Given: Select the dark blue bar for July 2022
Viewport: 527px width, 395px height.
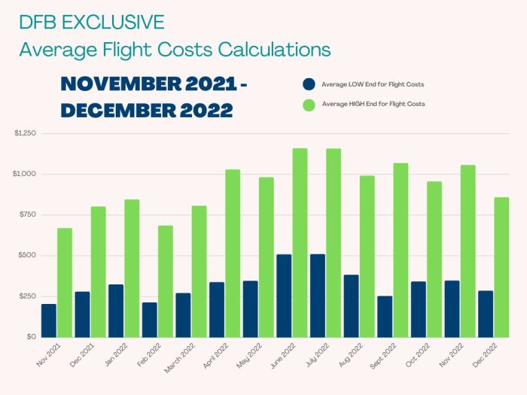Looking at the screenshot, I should (x=318, y=296).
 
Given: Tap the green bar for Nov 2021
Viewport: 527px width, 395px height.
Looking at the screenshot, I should (x=65, y=282).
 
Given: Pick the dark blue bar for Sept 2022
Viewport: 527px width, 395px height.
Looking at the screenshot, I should (x=385, y=316).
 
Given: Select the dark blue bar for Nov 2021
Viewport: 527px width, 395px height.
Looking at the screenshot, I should (x=49, y=321).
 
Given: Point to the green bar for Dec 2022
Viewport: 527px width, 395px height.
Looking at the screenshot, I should (x=501, y=267).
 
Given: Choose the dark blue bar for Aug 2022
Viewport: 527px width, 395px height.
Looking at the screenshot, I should (x=351, y=305).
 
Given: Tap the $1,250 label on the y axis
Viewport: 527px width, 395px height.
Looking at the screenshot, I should (x=25, y=133).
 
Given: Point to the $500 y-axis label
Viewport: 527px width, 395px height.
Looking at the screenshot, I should (x=26, y=256).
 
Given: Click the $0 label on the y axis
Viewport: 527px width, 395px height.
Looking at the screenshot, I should (x=29, y=337).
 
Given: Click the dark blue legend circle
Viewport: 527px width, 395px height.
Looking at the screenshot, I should (x=308, y=84).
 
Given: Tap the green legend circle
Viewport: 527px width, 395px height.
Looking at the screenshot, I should (x=308, y=104).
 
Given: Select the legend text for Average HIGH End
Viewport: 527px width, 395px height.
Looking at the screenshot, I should (x=373, y=104).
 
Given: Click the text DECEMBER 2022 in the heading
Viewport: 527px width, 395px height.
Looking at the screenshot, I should (x=146, y=111).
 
